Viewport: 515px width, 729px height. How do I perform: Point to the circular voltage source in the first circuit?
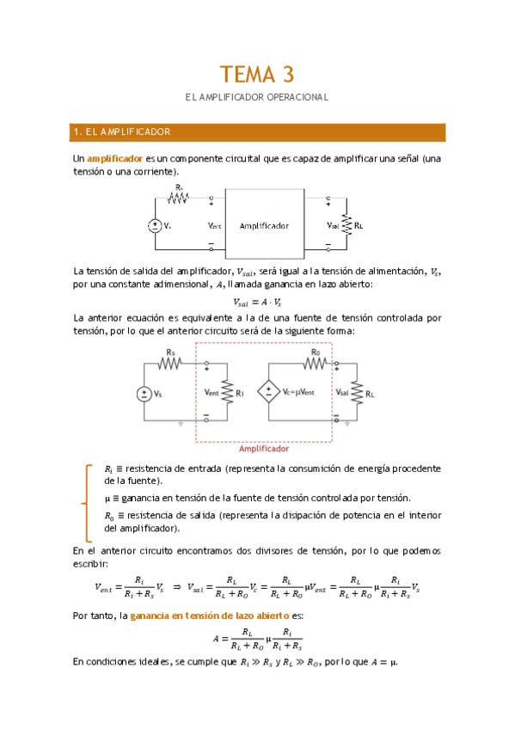pos(155,225)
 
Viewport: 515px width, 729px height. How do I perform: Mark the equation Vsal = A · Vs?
pos(257,302)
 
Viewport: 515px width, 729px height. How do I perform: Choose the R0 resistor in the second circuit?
pos(316,362)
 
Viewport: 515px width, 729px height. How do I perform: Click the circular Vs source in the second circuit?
pos(144,393)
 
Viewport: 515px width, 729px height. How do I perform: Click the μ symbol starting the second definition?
pos(107,499)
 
